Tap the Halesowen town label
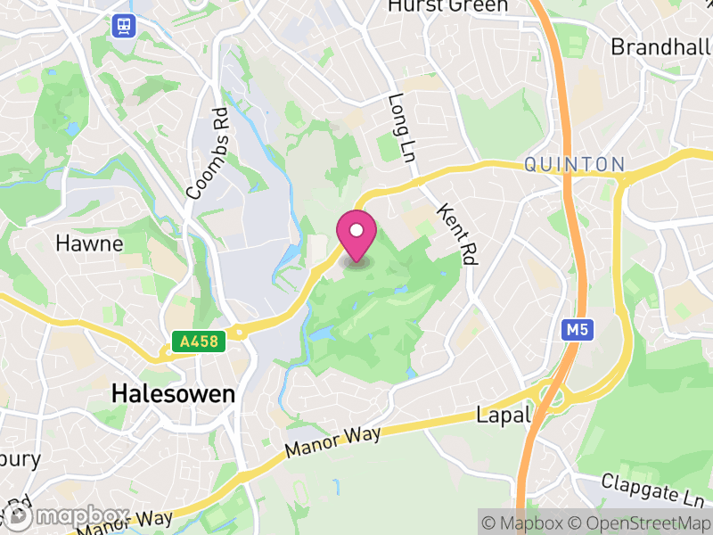coord(173,394)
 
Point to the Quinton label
coord(574,164)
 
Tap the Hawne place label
coord(88,243)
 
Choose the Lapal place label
coord(504,415)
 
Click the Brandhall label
coord(660,46)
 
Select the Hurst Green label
coord(447,6)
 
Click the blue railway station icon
coord(122,26)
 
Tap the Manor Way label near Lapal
coord(333,442)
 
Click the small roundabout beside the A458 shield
coord(239,335)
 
